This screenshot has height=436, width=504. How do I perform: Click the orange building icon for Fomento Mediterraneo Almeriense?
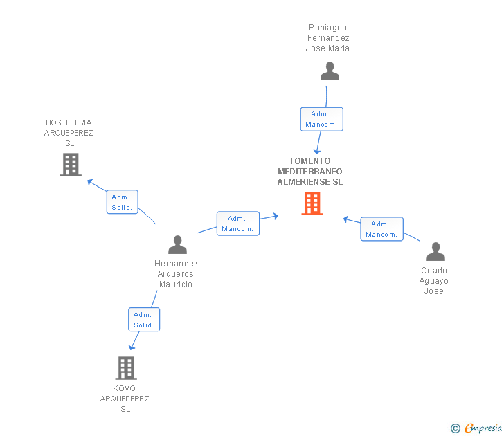[312, 203]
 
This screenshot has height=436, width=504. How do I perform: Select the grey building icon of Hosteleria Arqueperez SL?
[71, 165]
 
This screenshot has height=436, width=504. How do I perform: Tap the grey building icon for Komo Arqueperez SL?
[125, 368]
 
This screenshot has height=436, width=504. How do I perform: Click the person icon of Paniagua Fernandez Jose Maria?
[330, 71]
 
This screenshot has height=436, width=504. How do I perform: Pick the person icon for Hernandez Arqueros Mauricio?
[177, 245]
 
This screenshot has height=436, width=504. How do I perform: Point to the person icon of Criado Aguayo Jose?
[435, 251]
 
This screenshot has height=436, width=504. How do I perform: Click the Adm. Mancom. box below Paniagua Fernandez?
[321, 119]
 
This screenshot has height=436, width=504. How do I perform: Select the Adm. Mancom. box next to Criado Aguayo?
[381, 229]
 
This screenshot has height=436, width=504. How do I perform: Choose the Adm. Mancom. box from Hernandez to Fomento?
[238, 224]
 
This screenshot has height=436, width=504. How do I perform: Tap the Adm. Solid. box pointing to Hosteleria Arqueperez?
[123, 202]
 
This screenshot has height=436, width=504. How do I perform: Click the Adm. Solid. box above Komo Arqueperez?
[144, 320]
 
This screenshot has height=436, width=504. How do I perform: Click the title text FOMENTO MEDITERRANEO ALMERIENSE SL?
[310, 172]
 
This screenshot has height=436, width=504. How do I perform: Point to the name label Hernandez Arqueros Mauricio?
[176, 274]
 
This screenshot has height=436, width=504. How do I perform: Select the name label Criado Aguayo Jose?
[434, 281]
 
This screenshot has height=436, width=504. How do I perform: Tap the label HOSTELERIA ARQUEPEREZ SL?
[69, 133]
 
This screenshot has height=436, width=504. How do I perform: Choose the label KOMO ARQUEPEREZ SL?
[125, 399]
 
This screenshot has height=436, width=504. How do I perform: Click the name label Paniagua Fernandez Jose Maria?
[328, 38]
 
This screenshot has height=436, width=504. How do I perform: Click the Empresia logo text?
[484, 428]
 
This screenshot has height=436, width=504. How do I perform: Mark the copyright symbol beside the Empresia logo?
[456, 428]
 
